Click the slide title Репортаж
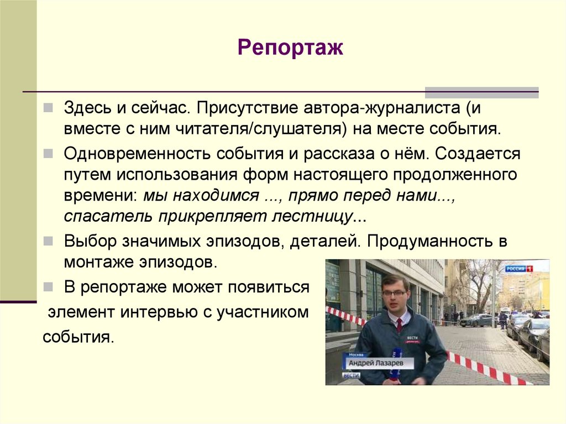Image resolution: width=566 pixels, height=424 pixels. point(291,48)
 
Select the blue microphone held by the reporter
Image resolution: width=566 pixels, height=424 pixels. point(396,362)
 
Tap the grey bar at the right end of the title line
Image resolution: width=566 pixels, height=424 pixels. point(481,92)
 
